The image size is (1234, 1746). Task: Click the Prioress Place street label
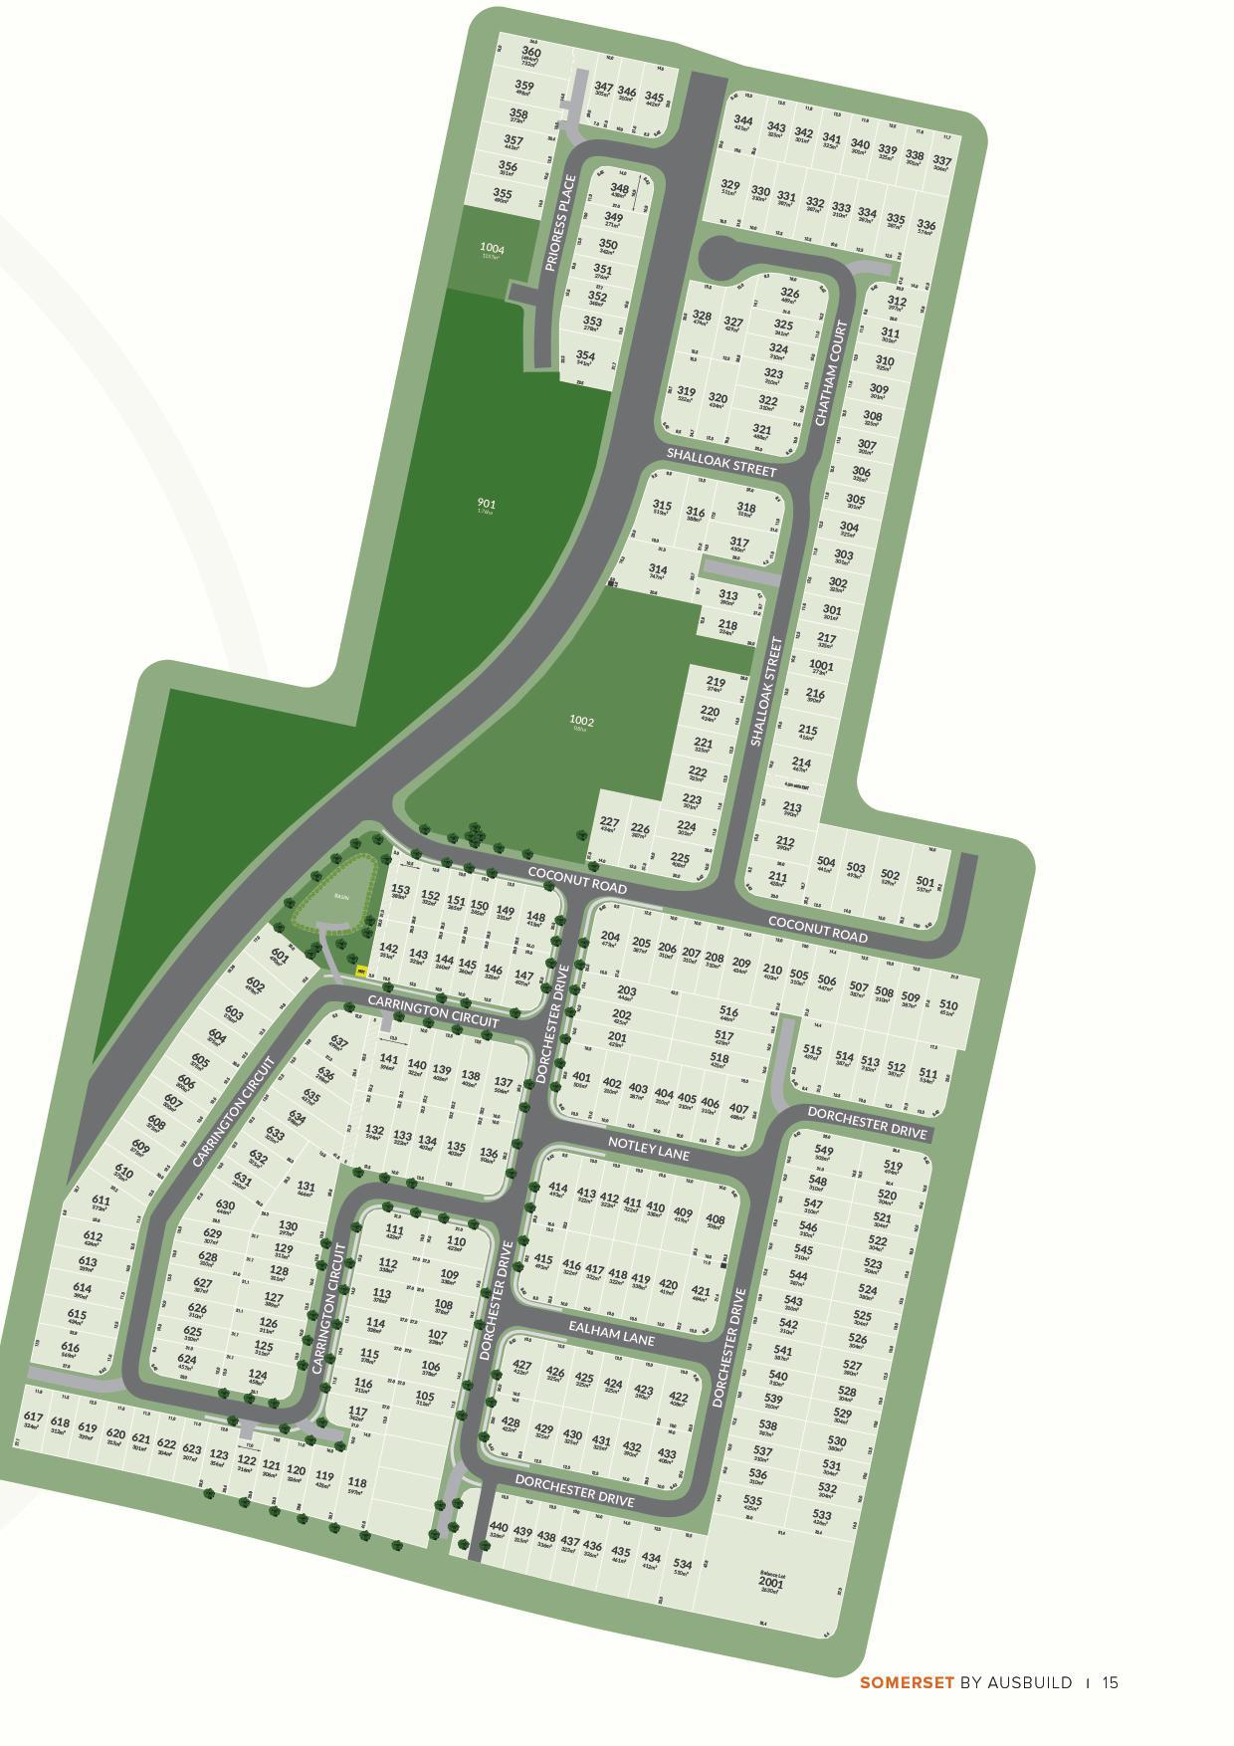[561, 224]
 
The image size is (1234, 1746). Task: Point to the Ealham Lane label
[612, 1332]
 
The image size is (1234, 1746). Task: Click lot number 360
[531, 53]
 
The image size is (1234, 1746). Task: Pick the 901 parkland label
[486, 505]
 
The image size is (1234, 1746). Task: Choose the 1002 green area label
[581, 721]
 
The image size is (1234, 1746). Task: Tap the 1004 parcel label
[492, 249]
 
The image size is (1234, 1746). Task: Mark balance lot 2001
[770, 1583]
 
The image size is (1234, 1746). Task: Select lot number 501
[925, 882]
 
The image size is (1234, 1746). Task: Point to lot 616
[70, 1348]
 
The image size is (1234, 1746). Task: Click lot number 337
[941, 160]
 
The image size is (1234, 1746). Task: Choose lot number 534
[683, 1565]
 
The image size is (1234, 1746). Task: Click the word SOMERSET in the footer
[907, 1682]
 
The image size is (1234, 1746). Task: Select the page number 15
[1111, 1682]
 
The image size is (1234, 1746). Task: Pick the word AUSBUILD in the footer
[1030, 1682]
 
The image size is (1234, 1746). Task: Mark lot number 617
[32, 1418]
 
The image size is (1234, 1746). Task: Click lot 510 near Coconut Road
[948, 1005]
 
